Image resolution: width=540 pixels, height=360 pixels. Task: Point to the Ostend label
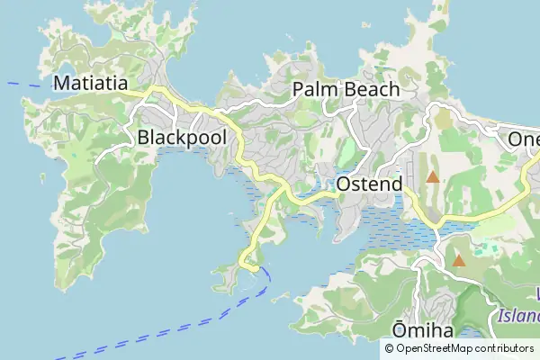click(x=369, y=184)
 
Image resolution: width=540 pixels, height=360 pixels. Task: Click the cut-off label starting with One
click(x=523, y=139)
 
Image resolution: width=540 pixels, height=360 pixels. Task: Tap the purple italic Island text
click(x=516, y=316)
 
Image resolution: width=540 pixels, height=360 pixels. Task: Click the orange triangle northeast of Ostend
click(x=433, y=177)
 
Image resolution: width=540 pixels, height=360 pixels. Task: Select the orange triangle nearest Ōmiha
click(x=459, y=261)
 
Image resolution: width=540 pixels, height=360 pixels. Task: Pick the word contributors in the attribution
click(x=505, y=348)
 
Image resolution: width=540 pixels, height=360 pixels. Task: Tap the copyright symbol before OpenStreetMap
click(x=390, y=348)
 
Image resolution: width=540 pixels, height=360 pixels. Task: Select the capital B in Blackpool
click(x=144, y=137)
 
